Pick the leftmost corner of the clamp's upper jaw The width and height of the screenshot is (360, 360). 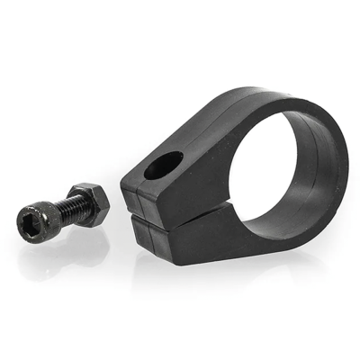tap(122, 175)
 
